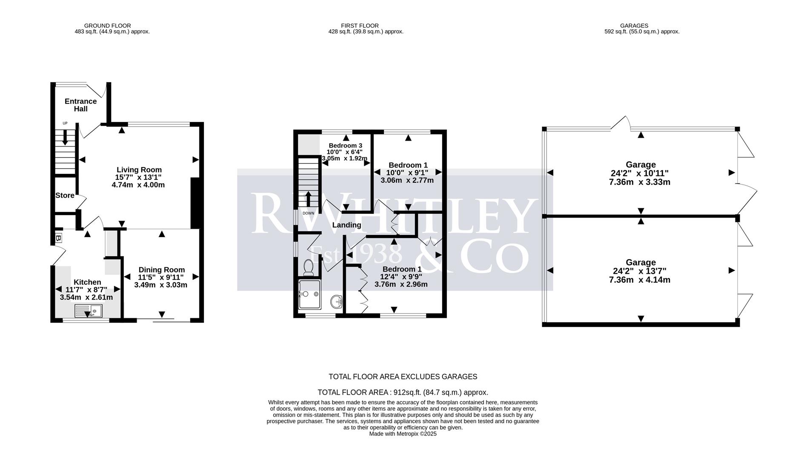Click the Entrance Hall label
(x=80, y=105)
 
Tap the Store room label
(x=65, y=195)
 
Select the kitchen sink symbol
(x=89, y=311)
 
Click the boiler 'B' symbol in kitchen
(x=58, y=238)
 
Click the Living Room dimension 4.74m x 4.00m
(x=138, y=185)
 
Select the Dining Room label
(x=161, y=269)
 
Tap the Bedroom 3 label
(x=345, y=145)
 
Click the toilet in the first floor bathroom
(x=309, y=267)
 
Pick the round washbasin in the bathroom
(x=337, y=302)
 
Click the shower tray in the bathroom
(x=309, y=294)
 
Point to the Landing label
(x=346, y=225)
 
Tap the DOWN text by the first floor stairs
(x=308, y=213)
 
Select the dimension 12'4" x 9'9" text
(x=401, y=277)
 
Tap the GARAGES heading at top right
(x=634, y=25)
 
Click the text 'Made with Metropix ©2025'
(x=403, y=434)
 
